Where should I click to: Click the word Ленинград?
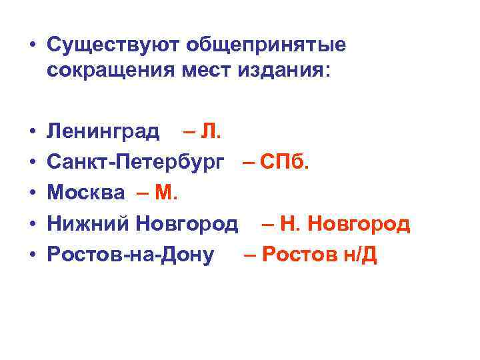pos(103,131)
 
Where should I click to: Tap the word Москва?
pos(86,193)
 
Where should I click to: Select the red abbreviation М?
pos(165,193)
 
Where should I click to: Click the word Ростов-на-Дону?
pos(131,254)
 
